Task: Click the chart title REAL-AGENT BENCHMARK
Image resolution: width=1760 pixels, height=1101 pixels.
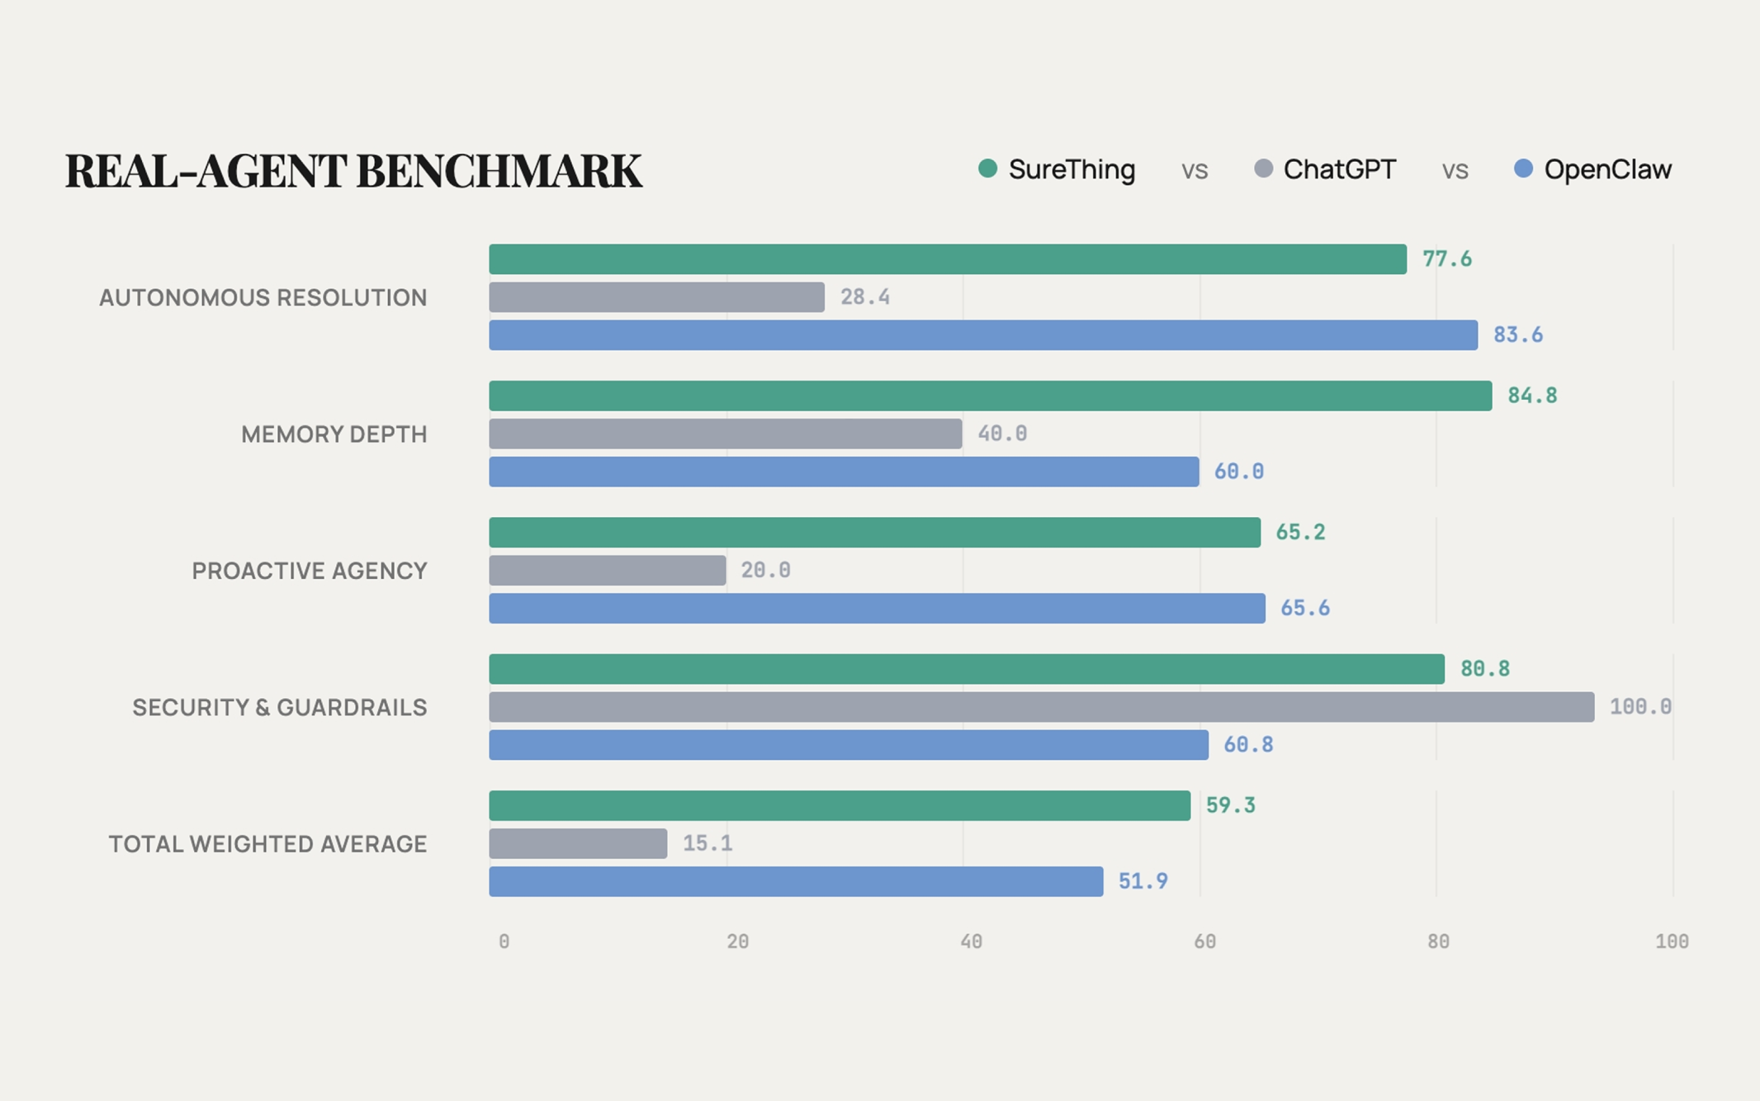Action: [353, 171]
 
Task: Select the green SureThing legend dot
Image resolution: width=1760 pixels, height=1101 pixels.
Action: [987, 169]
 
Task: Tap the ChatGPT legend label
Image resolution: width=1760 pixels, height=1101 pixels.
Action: [1339, 169]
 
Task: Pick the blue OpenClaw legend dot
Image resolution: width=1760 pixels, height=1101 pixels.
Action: [1523, 169]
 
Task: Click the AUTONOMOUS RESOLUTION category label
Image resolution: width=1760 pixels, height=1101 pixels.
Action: [263, 297]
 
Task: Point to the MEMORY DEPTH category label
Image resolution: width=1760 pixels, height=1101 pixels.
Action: [334, 434]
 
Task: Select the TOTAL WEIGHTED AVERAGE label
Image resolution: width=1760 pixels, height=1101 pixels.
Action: [267, 844]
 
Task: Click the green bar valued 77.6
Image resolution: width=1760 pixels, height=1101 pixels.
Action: [947, 259]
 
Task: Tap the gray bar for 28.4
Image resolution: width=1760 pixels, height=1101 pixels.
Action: [656, 297]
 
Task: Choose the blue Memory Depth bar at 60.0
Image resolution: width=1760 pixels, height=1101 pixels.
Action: [844, 472]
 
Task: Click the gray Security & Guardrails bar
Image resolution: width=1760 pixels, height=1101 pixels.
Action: [1041, 707]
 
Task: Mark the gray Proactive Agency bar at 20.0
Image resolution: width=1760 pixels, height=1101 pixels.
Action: [607, 571]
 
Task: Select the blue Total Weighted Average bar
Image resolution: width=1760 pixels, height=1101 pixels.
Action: [796, 881]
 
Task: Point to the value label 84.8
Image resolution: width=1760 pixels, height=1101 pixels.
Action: [1532, 396]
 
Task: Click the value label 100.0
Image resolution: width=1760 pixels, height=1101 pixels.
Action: [1639, 707]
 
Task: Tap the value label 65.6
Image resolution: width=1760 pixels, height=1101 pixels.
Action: [1304, 609]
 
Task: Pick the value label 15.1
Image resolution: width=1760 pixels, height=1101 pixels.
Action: [707, 843]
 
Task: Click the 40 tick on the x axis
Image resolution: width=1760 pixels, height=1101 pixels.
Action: [971, 942]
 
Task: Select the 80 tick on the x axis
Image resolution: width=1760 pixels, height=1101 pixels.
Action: [1438, 942]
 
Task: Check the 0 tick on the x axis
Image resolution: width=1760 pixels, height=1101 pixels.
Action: [504, 942]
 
